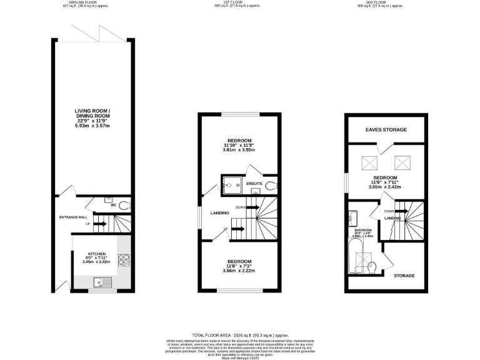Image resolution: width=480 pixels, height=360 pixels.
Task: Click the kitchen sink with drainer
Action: [101, 282]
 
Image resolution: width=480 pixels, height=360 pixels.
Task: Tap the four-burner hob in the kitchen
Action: [123, 259]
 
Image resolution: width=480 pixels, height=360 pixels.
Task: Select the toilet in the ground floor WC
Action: [123, 205]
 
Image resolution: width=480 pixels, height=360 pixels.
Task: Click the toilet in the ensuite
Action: [269, 185]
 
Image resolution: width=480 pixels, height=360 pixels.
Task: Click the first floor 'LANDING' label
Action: [219, 213]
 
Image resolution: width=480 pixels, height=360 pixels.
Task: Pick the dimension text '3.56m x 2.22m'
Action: [239, 271]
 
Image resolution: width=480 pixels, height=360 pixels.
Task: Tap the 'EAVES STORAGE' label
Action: [386, 130]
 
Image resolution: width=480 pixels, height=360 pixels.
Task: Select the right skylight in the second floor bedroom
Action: [400, 164]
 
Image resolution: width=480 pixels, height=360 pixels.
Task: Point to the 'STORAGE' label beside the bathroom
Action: [404, 275]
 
